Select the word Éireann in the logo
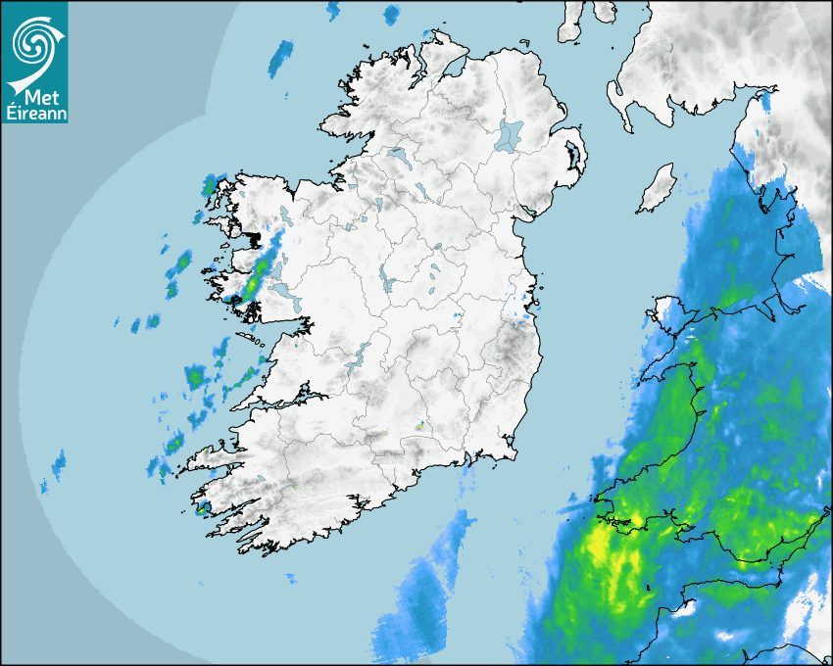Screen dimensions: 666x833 [x=33, y=113]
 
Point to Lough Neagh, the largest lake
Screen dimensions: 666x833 [x=510, y=135]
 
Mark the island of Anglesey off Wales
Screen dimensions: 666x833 [x=670, y=311]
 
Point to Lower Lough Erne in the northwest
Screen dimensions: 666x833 [x=398, y=155]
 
